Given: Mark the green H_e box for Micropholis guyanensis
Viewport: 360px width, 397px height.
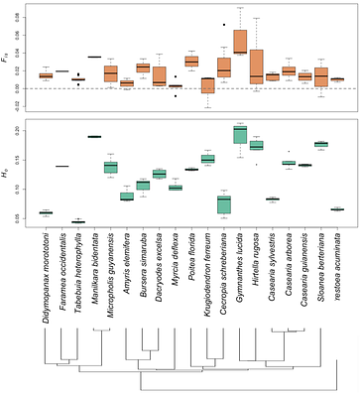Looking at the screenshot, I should click(x=111, y=166).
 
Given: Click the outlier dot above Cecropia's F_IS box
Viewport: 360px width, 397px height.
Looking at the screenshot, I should click(x=224, y=24).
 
